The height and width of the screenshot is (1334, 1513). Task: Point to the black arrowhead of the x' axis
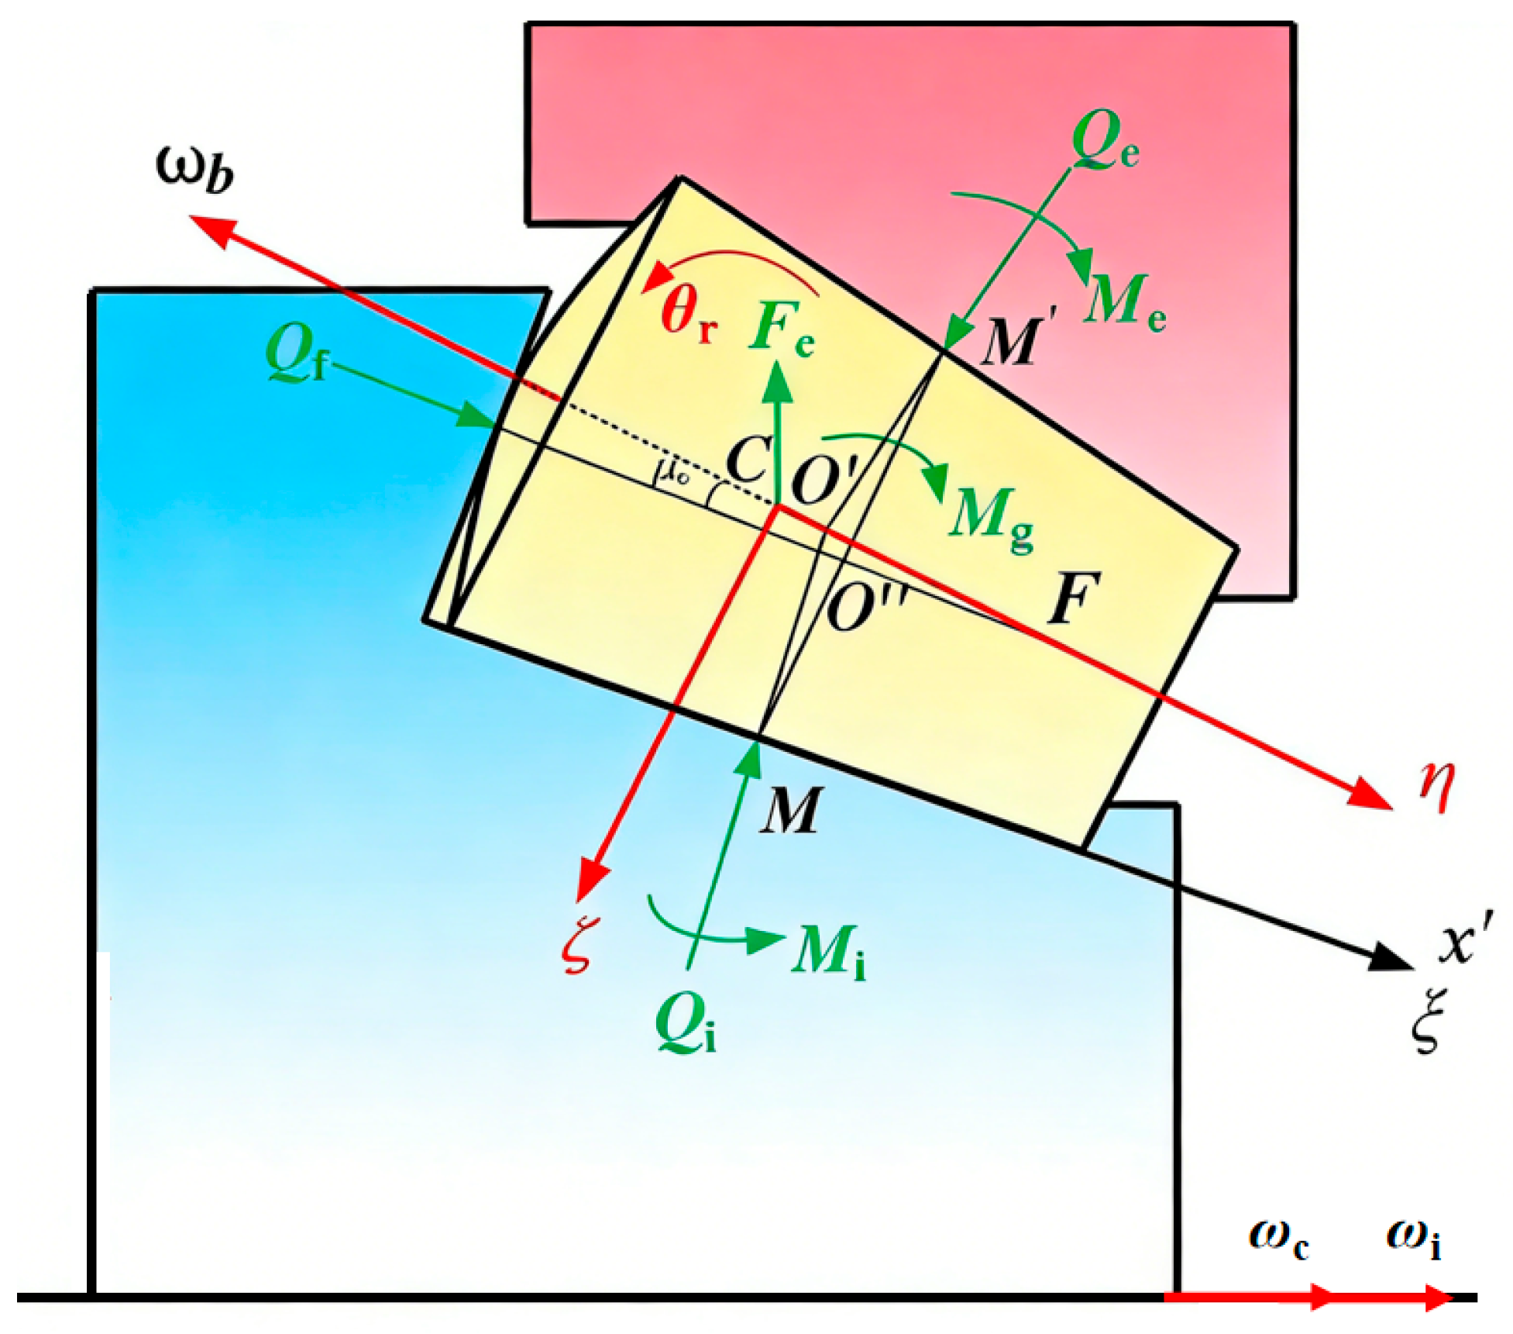tap(1391, 959)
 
